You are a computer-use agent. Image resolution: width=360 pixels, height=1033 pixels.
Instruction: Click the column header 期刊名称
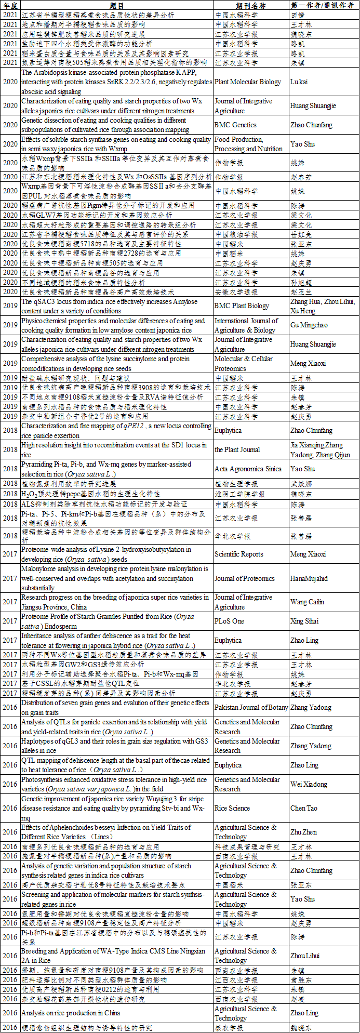pyautogui.click(x=251, y=5)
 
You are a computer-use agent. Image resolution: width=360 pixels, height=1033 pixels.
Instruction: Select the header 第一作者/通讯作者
pyautogui.click(x=324, y=5)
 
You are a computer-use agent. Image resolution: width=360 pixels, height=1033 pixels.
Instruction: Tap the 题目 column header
pyautogui.click(x=117, y=5)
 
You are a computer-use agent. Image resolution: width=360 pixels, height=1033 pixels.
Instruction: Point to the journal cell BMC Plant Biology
pyautogui.click(x=243, y=306)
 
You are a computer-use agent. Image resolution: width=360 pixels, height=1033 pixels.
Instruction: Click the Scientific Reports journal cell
pyautogui.click(x=239, y=554)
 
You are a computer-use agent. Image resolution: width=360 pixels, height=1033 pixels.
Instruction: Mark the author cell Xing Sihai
pyautogui.click(x=304, y=621)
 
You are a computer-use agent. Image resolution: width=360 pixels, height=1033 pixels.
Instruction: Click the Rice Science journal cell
pyautogui.click(x=232, y=808)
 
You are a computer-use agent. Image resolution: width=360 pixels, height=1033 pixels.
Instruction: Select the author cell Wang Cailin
pyautogui.click(x=307, y=602)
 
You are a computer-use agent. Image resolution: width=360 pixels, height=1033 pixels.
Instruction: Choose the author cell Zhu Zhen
pyautogui.click(x=303, y=832)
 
